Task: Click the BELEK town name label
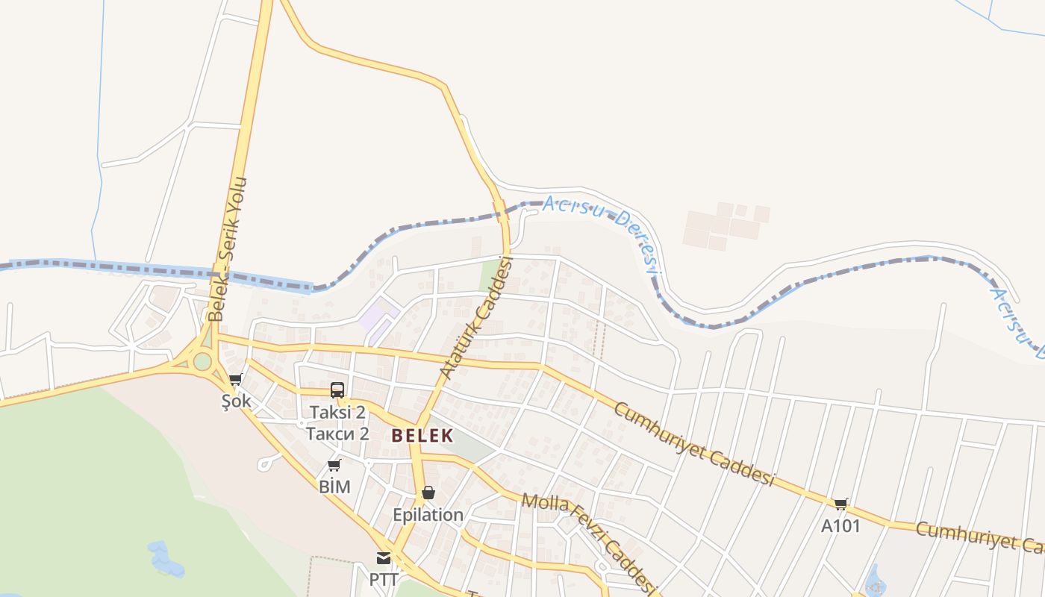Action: pos(422,436)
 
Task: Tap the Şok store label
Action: pos(236,401)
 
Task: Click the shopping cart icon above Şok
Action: pos(236,380)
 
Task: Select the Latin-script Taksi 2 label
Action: pos(338,412)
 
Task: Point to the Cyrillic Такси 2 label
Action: pos(338,434)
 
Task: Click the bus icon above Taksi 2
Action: pos(337,390)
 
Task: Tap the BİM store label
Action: pos(334,487)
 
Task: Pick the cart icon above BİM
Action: pos(334,466)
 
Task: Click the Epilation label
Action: pos(428,515)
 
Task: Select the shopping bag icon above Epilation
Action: pos(428,493)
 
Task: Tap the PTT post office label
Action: pos(383,579)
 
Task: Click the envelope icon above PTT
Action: pos(384,558)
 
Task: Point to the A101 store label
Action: pos(841,526)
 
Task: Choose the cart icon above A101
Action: pos(841,504)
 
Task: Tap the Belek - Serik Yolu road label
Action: pos(228,249)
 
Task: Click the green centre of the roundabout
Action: pos(202,362)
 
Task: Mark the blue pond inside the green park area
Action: pos(166,560)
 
